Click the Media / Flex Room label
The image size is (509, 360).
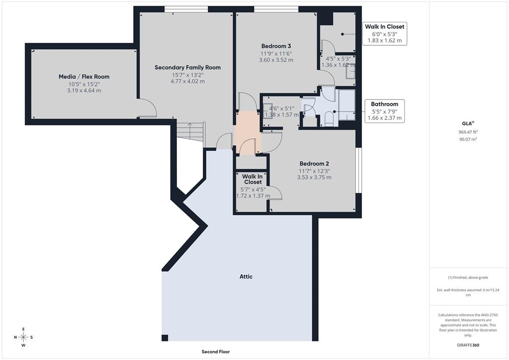pyautogui.click(x=84, y=77)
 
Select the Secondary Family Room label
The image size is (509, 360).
pyautogui.click(x=187, y=67)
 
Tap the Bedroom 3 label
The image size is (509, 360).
pyautogui.click(x=276, y=46)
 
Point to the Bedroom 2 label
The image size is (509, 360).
pyautogui.click(x=314, y=164)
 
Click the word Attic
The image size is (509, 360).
pyautogui.click(x=246, y=276)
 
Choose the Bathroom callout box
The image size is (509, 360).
pyautogui.click(x=385, y=111)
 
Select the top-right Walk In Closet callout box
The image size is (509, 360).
pyautogui.click(x=385, y=33)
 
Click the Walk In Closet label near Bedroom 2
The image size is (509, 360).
pyautogui.click(x=253, y=179)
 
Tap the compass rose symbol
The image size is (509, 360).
pyautogui.click(x=23, y=337)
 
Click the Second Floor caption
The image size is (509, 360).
pyautogui.click(x=216, y=352)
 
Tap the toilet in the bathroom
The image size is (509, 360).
pyautogui.click(x=328, y=118)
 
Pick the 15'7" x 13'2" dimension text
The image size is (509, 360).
pyautogui.click(x=187, y=75)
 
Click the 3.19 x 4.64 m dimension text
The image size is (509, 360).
pyautogui.click(x=84, y=91)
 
